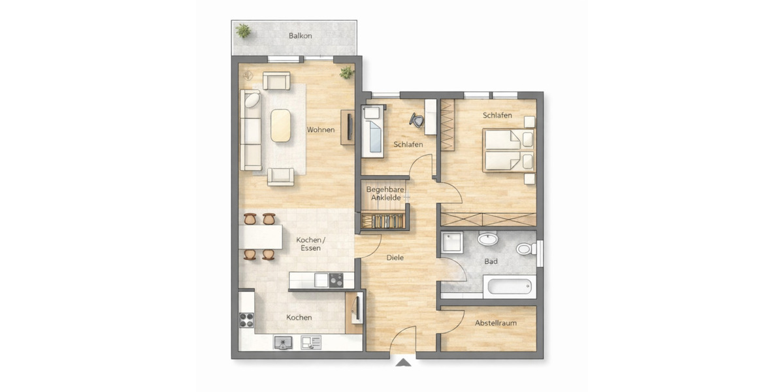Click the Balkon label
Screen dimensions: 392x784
[x=300, y=36]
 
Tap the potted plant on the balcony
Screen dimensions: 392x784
[x=244, y=30]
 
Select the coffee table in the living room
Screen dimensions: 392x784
[x=282, y=125]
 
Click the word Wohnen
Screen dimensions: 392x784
[x=321, y=130]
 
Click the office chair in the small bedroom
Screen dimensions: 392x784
[x=416, y=119]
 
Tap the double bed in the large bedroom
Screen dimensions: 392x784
[x=508, y=150]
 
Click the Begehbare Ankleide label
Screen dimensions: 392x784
[x=385, y=193]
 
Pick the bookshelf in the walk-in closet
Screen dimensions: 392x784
[x=385, y=221]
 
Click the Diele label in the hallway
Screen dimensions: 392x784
[x=395, y=258]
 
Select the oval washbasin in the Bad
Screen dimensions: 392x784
[x=487, y=240]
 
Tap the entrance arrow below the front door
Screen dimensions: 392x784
[x=404, y=363]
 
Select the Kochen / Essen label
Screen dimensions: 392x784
[x=310, y=244]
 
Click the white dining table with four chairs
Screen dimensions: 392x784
[x=261, y=236]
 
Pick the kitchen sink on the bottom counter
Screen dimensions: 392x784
[x=283, y=341]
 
